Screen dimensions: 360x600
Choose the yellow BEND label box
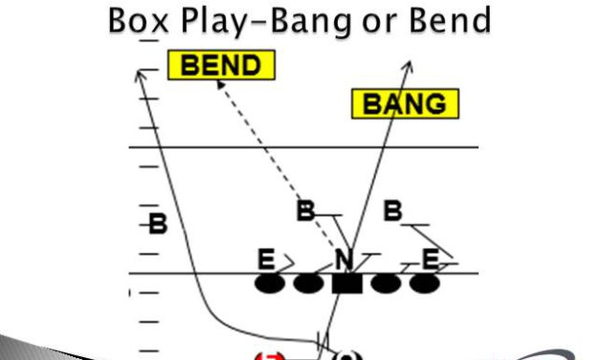(221, 65)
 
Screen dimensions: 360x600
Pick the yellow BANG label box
(406, 103)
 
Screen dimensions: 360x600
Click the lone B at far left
(158, 226)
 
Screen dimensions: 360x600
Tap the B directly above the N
(305, 212)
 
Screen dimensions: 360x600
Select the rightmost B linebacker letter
(392, 211)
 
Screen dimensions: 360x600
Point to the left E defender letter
(266, 259)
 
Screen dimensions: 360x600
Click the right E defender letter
(432, 259)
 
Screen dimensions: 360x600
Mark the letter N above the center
(344, 259)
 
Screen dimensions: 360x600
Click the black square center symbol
(346, 283)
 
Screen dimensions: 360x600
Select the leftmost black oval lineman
(269, 283)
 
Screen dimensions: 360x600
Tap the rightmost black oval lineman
(424, 283)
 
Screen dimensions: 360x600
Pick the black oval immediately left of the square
(307, 283)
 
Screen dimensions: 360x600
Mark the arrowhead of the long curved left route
(140, 74)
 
